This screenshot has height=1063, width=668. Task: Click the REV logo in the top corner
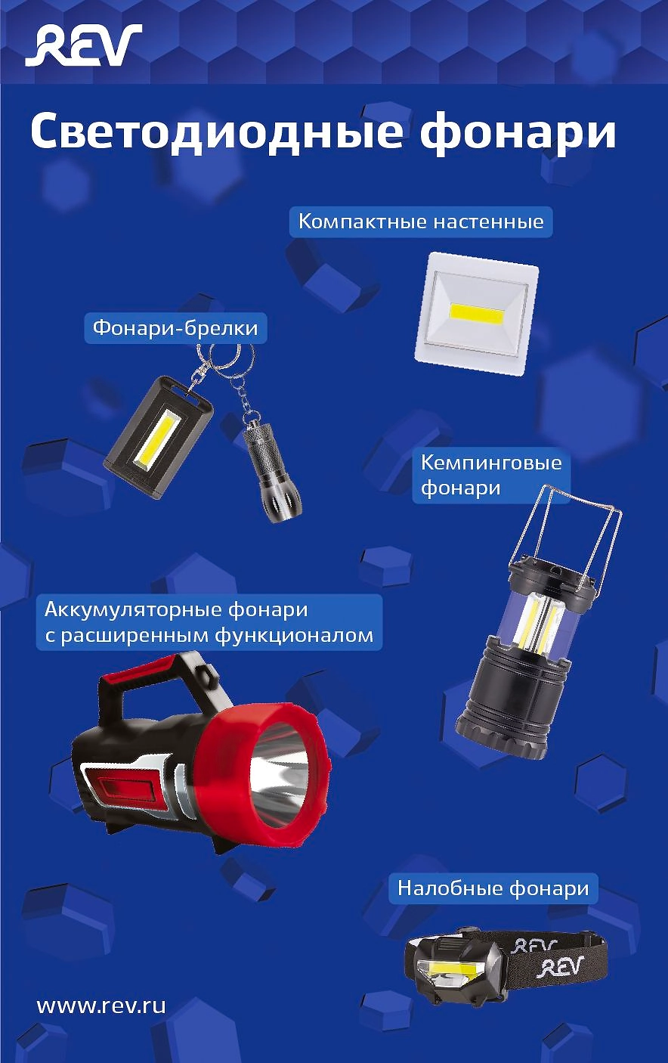tap(83, 45)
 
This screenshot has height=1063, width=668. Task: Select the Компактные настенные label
tap(421, 222)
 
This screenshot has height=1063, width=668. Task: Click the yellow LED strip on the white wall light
tap(477, 314)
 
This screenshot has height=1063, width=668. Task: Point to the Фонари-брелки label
tap(175, 328)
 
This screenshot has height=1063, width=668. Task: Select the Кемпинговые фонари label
tap(491, 475)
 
